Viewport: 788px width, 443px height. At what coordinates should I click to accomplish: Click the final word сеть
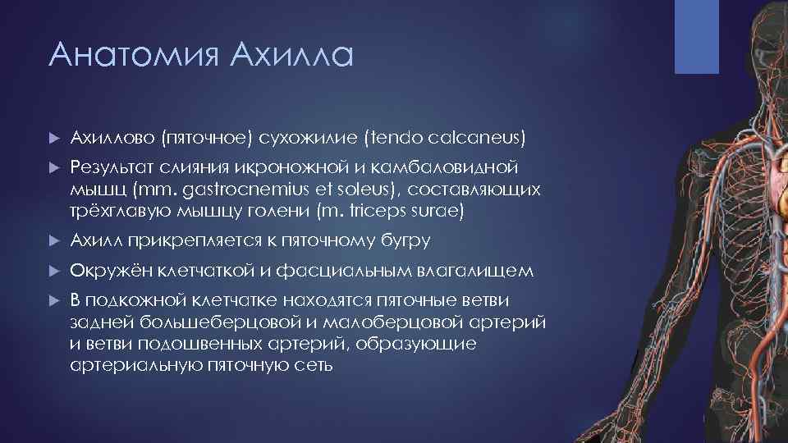click(314, 364)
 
